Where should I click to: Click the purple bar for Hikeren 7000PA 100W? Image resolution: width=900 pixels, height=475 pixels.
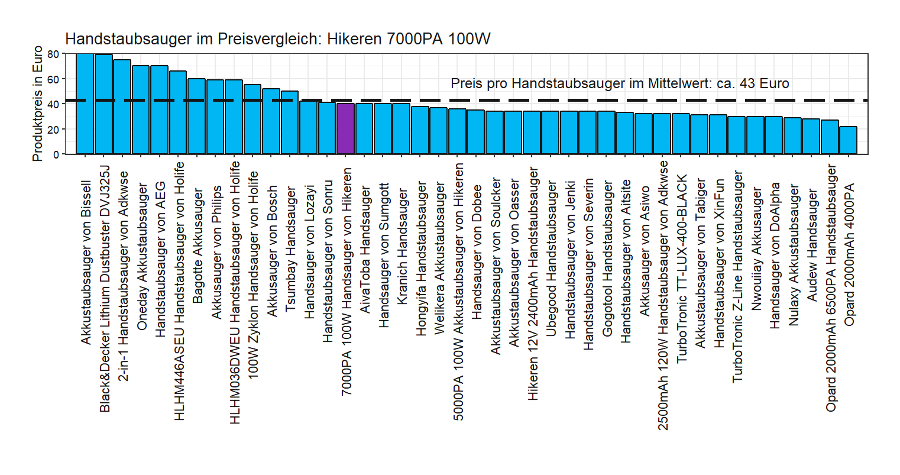pyautogui.click(x=345, y=129)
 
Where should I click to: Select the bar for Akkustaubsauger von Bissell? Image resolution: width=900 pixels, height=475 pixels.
pyautogui.click(x=85, y=104)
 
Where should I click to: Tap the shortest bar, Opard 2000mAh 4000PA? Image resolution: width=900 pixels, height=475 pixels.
pyautogui.click(x=848, y=140)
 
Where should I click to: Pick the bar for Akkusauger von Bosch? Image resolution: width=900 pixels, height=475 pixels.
pyautogui.click(x=271, y=121)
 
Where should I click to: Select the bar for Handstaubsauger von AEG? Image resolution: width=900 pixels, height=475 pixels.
pyautogui.click(x=159, y=110)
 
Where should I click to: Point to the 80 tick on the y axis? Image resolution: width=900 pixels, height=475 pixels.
pyautogui.click(x=53, y=54)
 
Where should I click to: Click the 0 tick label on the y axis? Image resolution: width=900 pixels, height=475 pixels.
pyautogui.click(x=56, y=154)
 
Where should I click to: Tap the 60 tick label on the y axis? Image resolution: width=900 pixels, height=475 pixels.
pyautogui.click(x=53, y=79)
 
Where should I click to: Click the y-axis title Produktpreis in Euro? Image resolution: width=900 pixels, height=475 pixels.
pyautogui.click(x=38, y=104)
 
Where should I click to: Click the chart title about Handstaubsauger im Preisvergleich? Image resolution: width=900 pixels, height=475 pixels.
pyautogui.click(x=277, y=39)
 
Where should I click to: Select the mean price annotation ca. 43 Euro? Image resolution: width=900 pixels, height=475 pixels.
pyautogui.click(x=619, y=83)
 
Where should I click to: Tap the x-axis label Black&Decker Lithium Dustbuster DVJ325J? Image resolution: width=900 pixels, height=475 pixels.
pyautogui.click(x=104, y=288)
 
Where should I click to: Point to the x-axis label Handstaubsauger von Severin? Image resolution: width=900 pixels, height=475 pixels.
pyautogui.click(x=588, y=264)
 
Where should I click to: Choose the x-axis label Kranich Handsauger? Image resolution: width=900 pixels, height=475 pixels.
pyautogui.click(x=402, y=247)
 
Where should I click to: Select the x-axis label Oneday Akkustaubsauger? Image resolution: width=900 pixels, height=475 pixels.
pyautogui.click(x=142, y=256)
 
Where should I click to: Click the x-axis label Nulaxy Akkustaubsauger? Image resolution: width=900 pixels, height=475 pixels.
pyautogui.click(x=794, y=256)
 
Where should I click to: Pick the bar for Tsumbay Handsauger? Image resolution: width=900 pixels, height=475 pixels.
pyautogui.click(x=290, y=122)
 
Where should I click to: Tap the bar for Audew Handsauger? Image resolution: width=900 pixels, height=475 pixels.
pyautogui.click(x=811, y=137)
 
